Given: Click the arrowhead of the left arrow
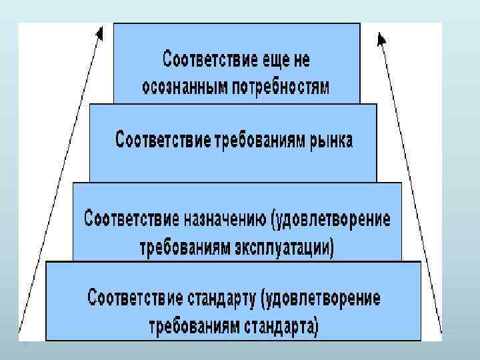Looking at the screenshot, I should tap(99, 33).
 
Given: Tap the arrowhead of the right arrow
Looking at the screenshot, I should tap(381, 39).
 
